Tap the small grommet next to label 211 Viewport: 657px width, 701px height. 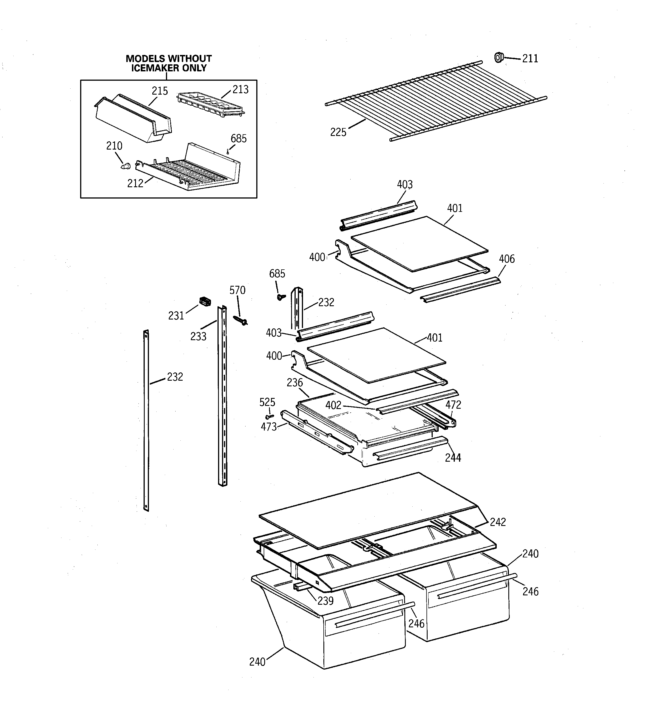coord(498,57)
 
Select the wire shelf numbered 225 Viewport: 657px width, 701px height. coord(436,101)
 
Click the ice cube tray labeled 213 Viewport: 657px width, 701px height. coord(211,103)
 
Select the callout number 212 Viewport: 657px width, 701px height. coord(135,183)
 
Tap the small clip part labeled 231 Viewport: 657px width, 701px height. coord(205,301)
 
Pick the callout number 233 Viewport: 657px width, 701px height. coord(198,336)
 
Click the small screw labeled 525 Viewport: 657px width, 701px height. coord(270,416)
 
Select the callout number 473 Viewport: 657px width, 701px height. coord(269,427)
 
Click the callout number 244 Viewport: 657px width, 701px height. coord(453,458)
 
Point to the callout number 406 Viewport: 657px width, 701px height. coord(507,259)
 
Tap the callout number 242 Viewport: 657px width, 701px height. coord(498,522)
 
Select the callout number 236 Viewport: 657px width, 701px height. coord(295,383)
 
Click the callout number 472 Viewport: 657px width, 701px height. coord(453,405)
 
